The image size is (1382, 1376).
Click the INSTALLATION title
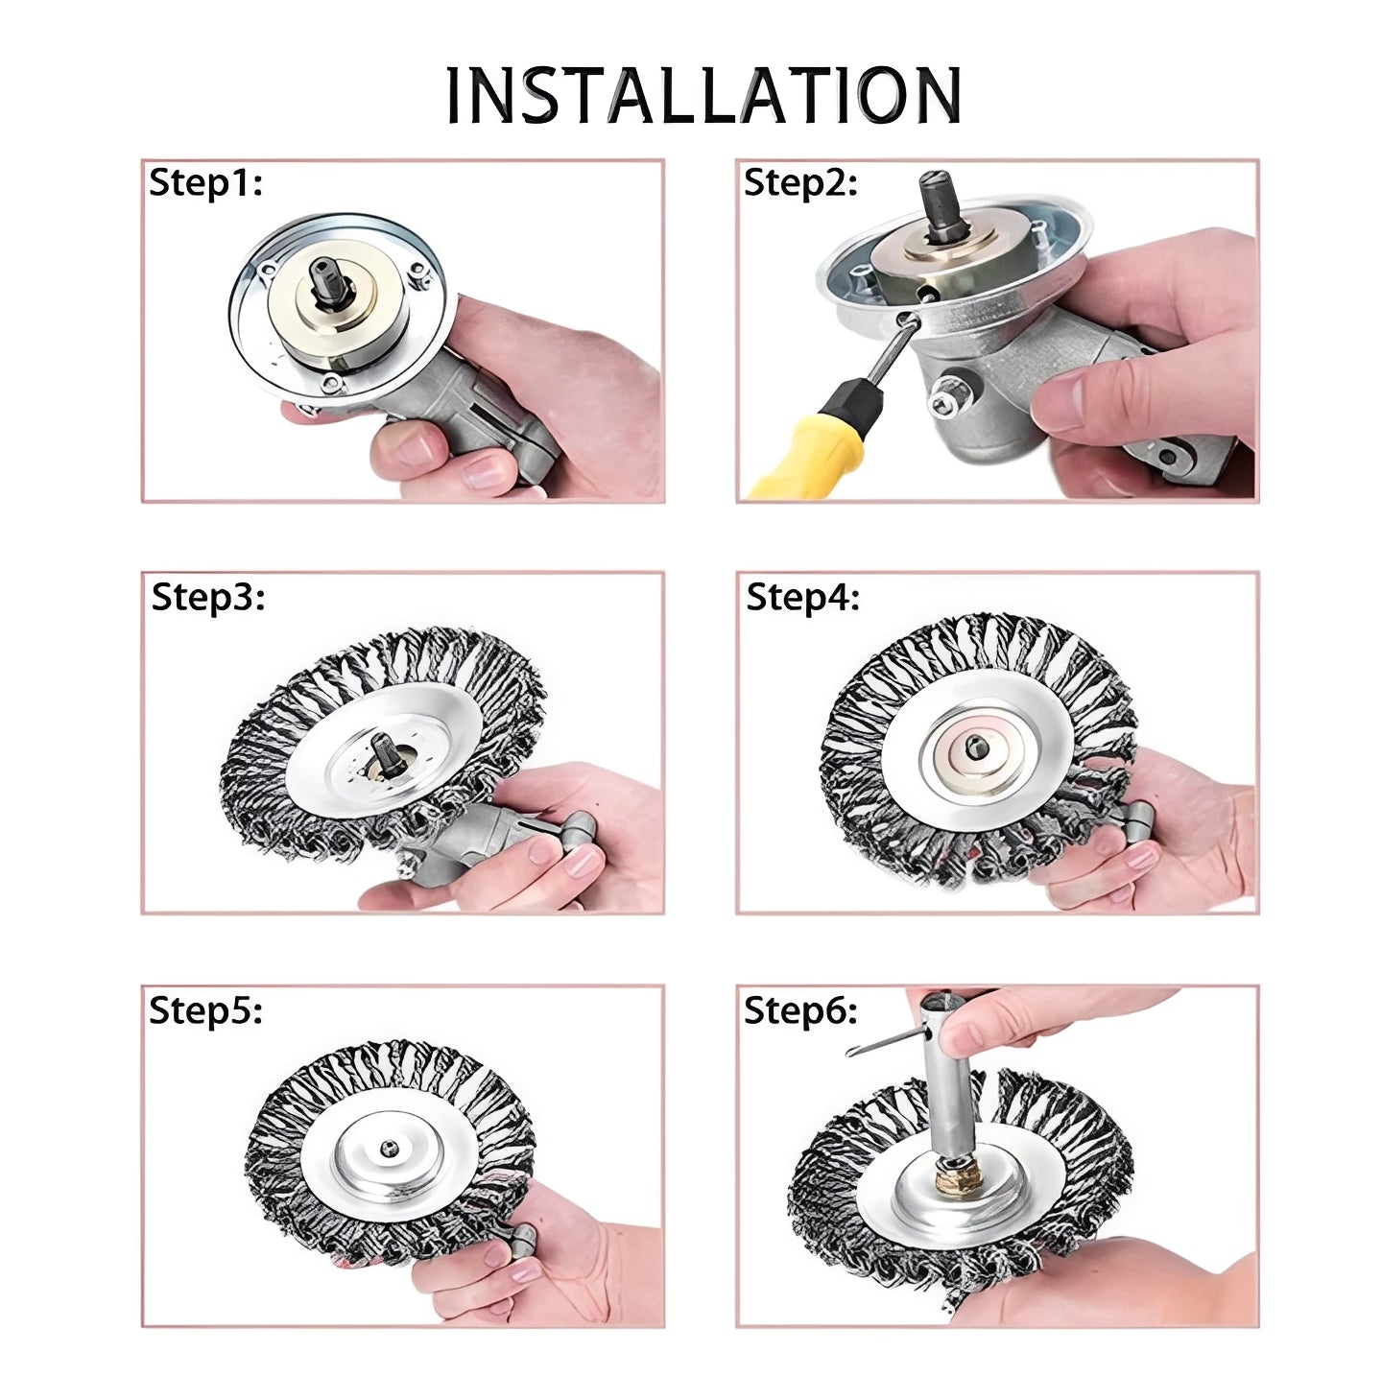pos(703,95)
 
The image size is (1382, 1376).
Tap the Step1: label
pos(205,182)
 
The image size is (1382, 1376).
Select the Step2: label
pos(800,182)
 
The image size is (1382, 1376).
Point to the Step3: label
pos(207,596)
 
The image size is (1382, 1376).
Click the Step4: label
pos(802,596)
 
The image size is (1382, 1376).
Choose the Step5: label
pos(205,1009)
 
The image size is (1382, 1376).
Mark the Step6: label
pos(800,1009)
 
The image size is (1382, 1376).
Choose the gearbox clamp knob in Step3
pos(582,826)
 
